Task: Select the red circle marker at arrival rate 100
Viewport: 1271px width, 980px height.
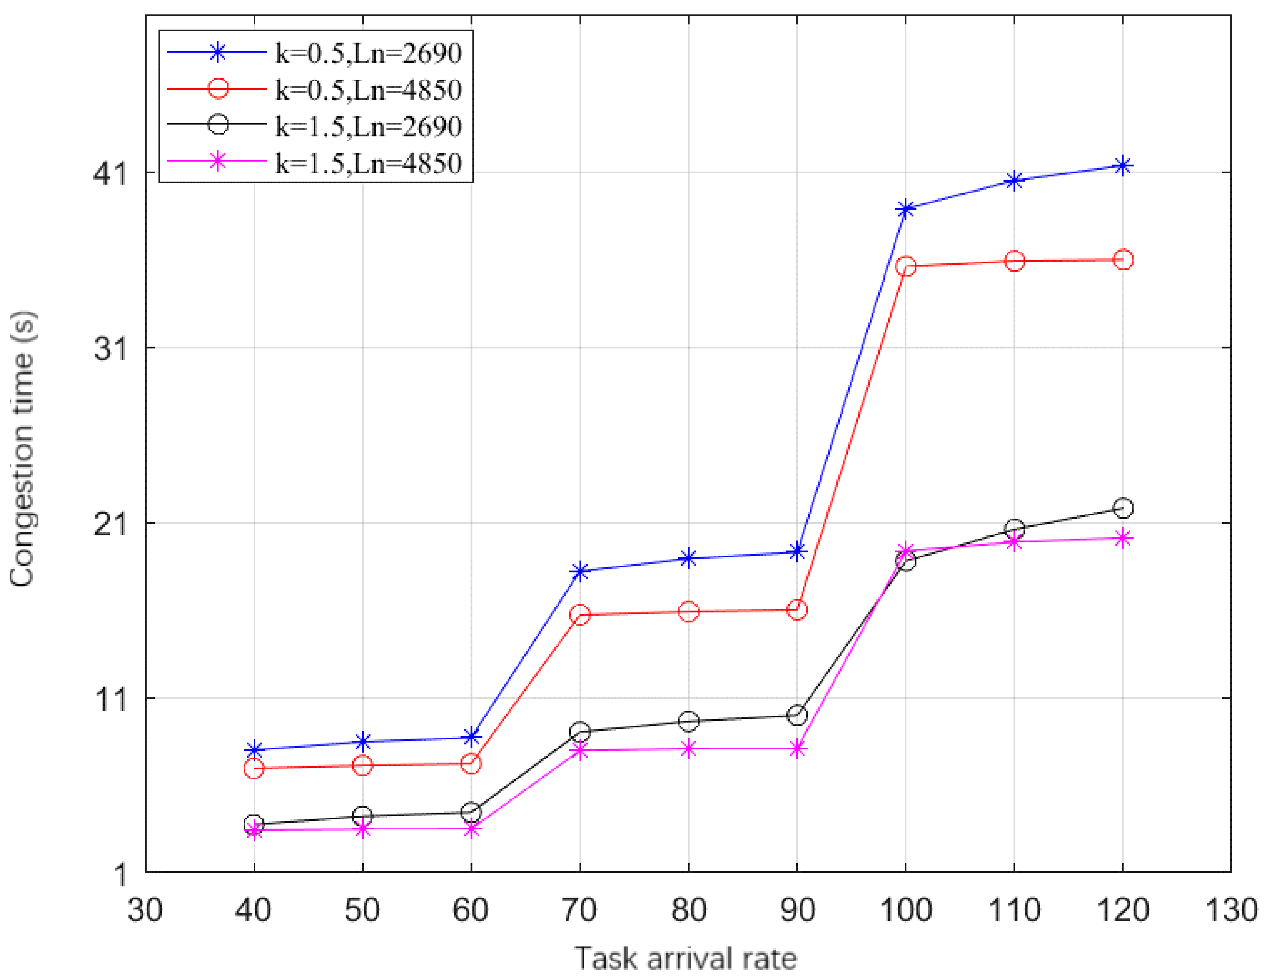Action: coord(905,266)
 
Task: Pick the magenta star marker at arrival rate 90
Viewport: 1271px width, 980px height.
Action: coord(797,749)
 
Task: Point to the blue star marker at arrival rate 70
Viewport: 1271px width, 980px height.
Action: coord(580,571)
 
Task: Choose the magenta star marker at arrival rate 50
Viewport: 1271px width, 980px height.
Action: coord(363,829)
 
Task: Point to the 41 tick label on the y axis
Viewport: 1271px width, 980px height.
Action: coord(111,173)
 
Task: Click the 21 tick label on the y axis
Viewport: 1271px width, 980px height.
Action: coord(111,524)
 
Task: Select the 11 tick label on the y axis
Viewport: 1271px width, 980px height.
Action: coord(111,698)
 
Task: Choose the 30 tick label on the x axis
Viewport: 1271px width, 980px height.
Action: coord(145,910)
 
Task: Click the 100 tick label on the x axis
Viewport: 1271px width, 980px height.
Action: coord(905,910)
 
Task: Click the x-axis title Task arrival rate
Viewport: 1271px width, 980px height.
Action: coord(686,959)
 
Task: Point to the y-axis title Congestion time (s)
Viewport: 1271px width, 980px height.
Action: coord(23,448)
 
